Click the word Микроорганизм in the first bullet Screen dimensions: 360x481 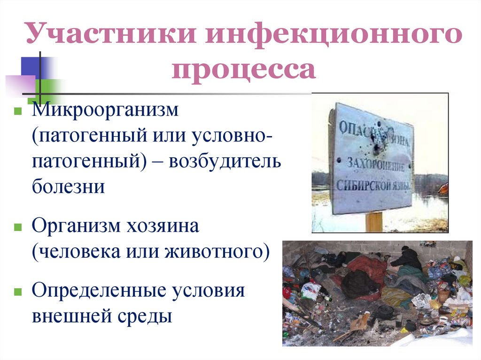pyautogui.click(x=106, y=111)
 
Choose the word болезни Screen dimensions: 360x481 pyautogui.click(x=69, y=186)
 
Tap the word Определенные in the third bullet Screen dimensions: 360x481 pyautogui.click(x=99, y=291)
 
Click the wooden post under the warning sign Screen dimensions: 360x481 pyautogui.click(x=374, y=222)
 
